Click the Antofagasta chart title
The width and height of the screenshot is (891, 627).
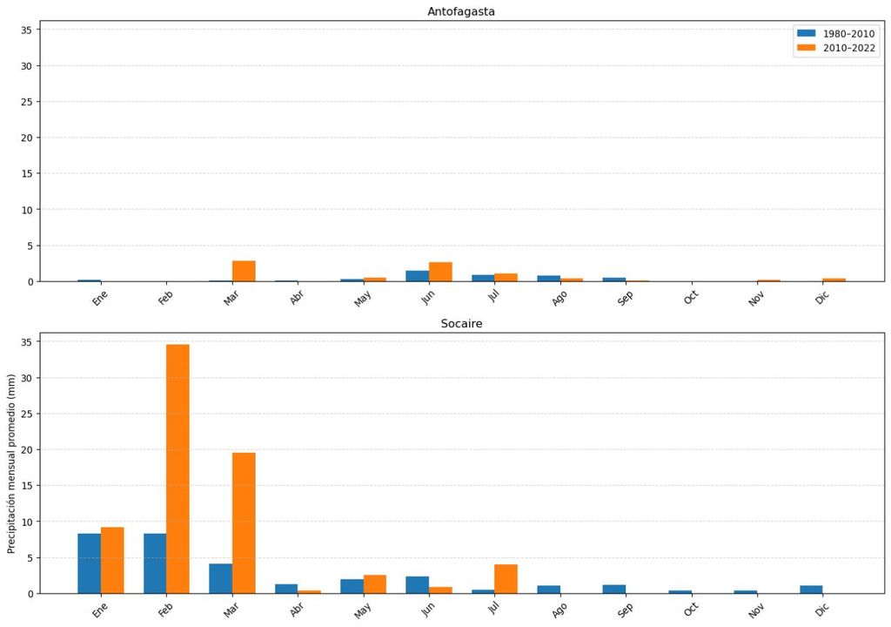[x=461, y=11]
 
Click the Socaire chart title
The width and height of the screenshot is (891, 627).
[x=461, y=323]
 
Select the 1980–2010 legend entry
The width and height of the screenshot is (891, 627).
[x=836, y=33]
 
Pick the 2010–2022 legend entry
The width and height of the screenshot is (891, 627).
[x=836, y=48]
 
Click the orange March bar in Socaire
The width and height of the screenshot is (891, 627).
[x=244, y=522]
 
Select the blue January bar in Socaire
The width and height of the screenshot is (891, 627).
[x=89, y=563]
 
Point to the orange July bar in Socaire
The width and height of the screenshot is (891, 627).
[x=506, y=579]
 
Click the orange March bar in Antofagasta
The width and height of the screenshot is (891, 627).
[x=244, y=271]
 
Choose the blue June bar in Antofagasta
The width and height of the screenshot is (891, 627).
[x=417, y=276]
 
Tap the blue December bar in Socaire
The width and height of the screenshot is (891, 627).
[x=811, y=590]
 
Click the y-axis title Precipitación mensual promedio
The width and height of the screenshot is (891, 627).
[x=11, y=463]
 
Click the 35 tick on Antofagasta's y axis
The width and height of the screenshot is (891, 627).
[x=25, y=30]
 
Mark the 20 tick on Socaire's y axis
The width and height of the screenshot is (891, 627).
[x=25, y=449]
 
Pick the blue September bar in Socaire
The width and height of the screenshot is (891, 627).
[x=614, y=590]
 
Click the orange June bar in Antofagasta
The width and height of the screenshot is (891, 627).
[x=440, y=272]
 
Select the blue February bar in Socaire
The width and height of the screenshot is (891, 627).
[x=155, y=563]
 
